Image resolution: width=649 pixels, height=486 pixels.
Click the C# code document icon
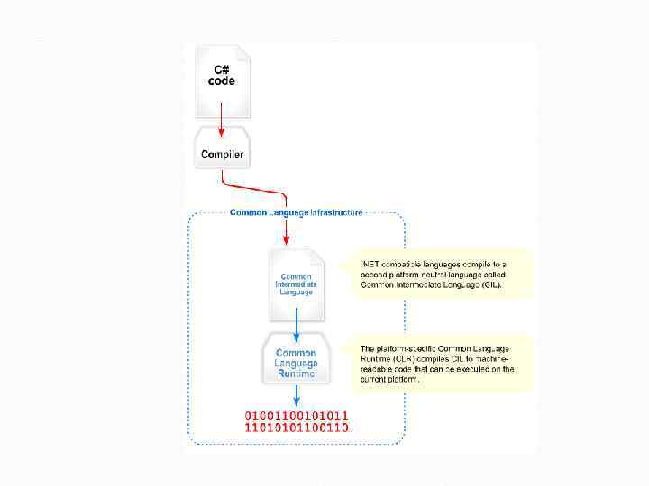click(x=222, y=80)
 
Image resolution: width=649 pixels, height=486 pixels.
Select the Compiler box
click(x=222, y=153)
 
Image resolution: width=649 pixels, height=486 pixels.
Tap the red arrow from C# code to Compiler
click(x=222, y=121)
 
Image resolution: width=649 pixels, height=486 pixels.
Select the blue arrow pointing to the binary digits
click(x=297, y=397)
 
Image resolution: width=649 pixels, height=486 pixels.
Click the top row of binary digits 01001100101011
click(x=297, y=416)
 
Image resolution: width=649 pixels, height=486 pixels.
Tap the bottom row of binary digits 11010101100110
click(x=297, y=427)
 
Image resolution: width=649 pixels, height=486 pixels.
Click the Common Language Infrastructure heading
click(x=297, y=212)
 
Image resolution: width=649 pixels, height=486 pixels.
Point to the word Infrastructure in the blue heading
click(x=336, y=212)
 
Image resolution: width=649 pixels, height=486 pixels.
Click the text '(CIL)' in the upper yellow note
click(x=487, y=283)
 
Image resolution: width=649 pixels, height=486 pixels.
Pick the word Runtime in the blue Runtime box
click(x=296, y=373)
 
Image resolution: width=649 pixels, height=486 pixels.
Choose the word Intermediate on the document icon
click(x=296, y=284)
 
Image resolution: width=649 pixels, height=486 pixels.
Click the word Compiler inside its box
click(x=222, y=155)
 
